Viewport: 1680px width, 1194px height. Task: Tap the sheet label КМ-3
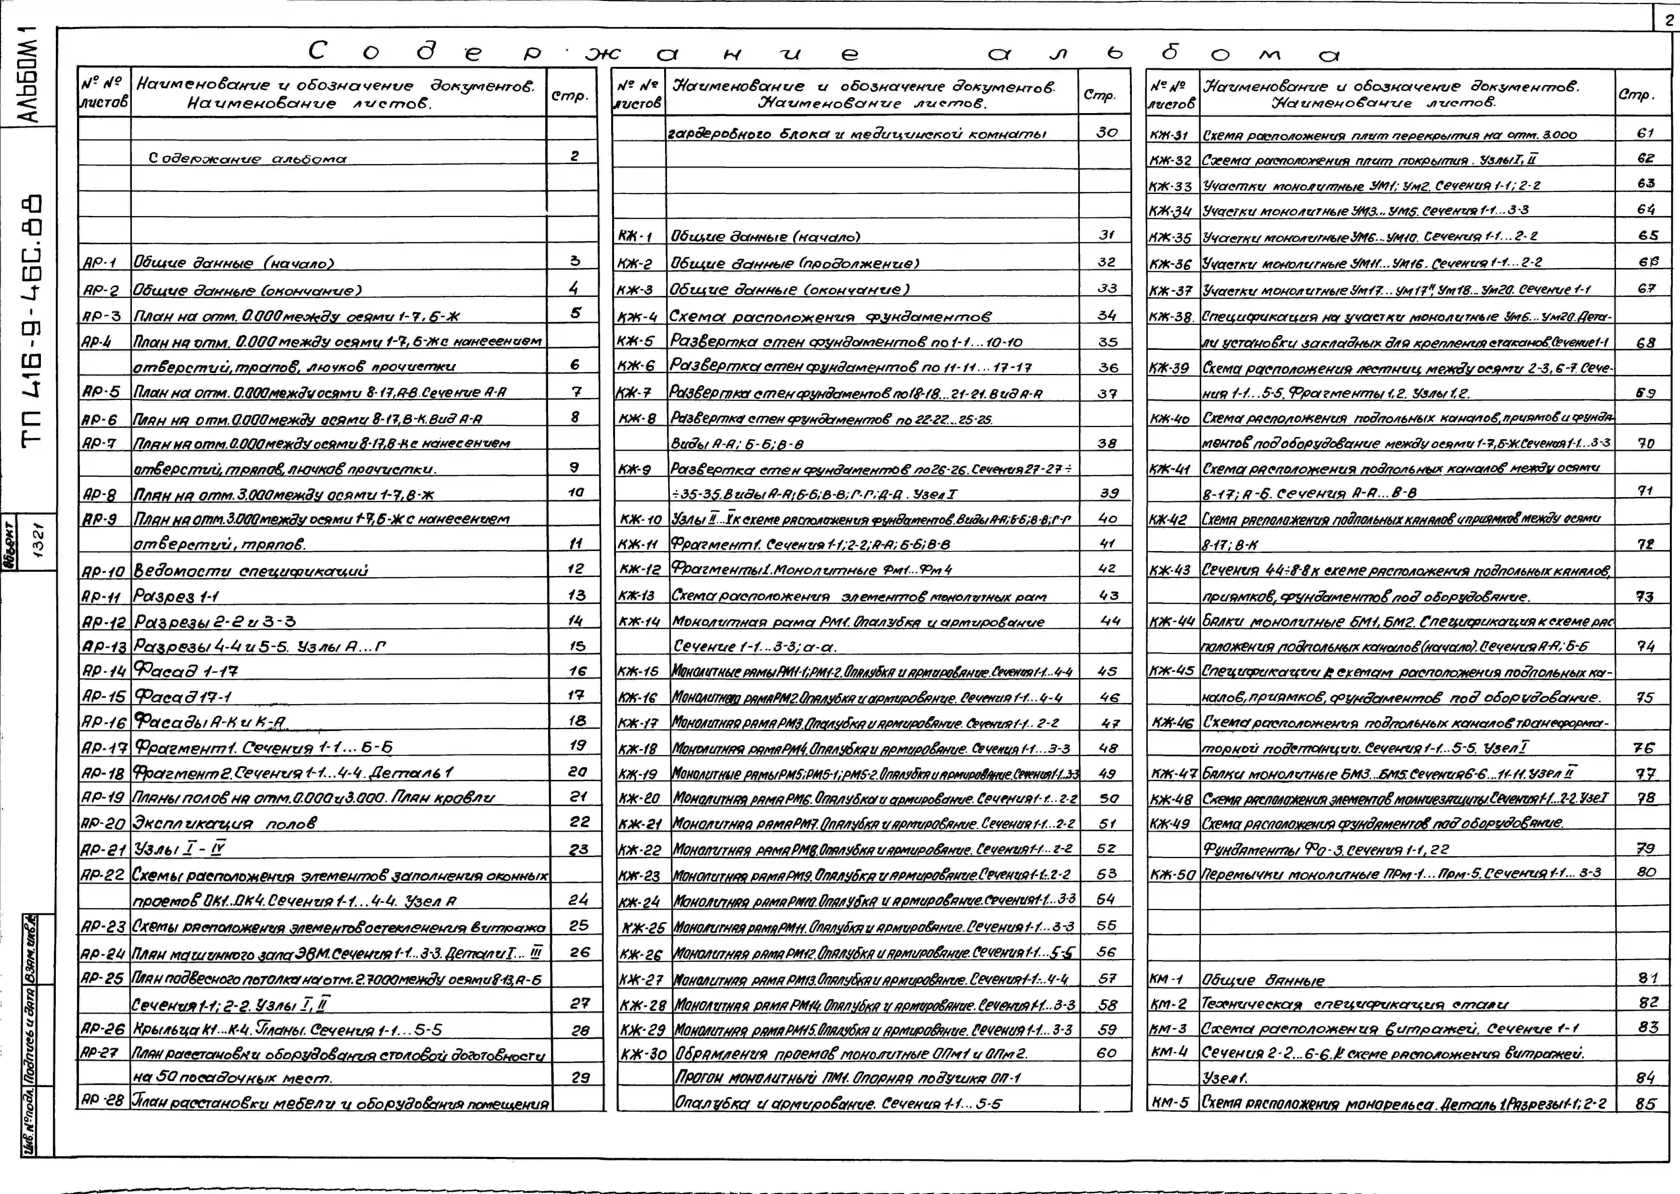[1169, 1029]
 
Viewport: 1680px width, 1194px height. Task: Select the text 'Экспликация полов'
[224, 823]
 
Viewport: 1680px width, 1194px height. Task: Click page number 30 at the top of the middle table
[1107, 132]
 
